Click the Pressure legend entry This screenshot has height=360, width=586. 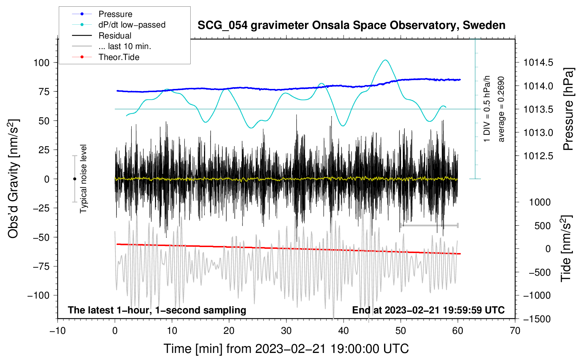tap(102, 14)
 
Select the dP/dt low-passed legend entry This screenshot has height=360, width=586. tap(119, 25)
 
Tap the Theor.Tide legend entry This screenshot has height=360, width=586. tap(106, 57)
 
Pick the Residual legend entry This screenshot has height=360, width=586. tap(102, 36)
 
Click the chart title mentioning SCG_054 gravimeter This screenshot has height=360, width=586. tap(351, 25)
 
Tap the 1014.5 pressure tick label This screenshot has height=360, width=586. tap(538, 63)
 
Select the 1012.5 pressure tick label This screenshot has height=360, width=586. tap(538, 156)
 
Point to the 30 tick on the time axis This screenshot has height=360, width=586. tap(286, 331)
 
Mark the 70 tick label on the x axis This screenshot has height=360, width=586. tap(515, 331)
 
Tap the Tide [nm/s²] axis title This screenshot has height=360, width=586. tap(567, 248)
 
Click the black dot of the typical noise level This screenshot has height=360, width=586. tap(74, 179)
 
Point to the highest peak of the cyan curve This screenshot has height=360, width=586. tap(385, 60)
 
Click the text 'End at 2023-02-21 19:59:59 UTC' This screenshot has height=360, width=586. tap(428, 310)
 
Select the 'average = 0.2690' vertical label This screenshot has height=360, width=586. tap(501, 109)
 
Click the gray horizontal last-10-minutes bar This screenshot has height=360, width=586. tap(429, 225)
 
